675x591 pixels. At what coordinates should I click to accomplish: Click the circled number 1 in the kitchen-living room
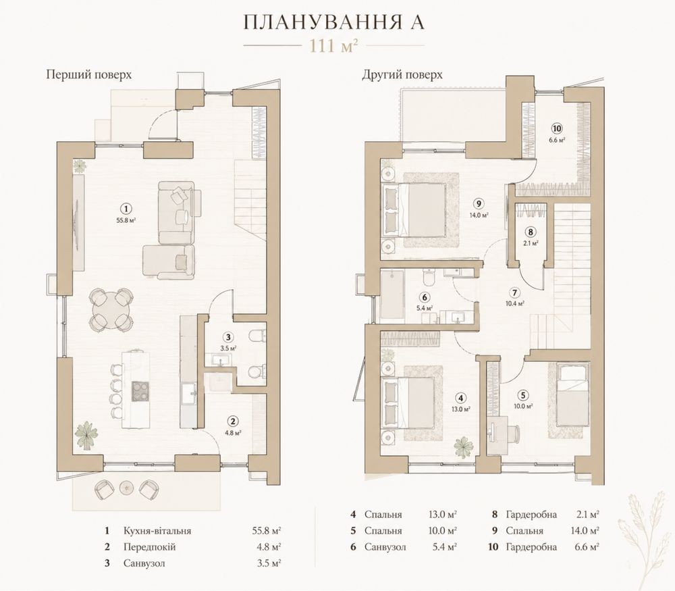[x=126, y=209]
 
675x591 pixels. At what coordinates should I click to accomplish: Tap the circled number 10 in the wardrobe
[x=557, y=128]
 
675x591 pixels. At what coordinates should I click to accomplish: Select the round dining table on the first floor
[x=111, y=309]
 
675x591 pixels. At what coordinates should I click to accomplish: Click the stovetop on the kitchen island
[x=140, y=391]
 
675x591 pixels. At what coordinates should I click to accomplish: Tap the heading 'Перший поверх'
[x=88, y=74]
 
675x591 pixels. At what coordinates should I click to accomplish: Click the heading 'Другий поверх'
[x=402, y=74]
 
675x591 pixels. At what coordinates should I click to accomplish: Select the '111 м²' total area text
[x=333, y=45]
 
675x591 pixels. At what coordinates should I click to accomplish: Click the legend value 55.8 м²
[x=267, y=531]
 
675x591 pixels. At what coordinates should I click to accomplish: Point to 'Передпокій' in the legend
[x=149, y=547]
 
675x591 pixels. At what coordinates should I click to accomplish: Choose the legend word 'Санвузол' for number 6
[x=385, y=547]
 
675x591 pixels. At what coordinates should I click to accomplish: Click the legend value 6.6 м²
[x=587, y=547]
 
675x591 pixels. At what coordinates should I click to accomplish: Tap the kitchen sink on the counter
[x=189, y=394]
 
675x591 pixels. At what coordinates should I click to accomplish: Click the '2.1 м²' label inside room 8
[x=531, y=243]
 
